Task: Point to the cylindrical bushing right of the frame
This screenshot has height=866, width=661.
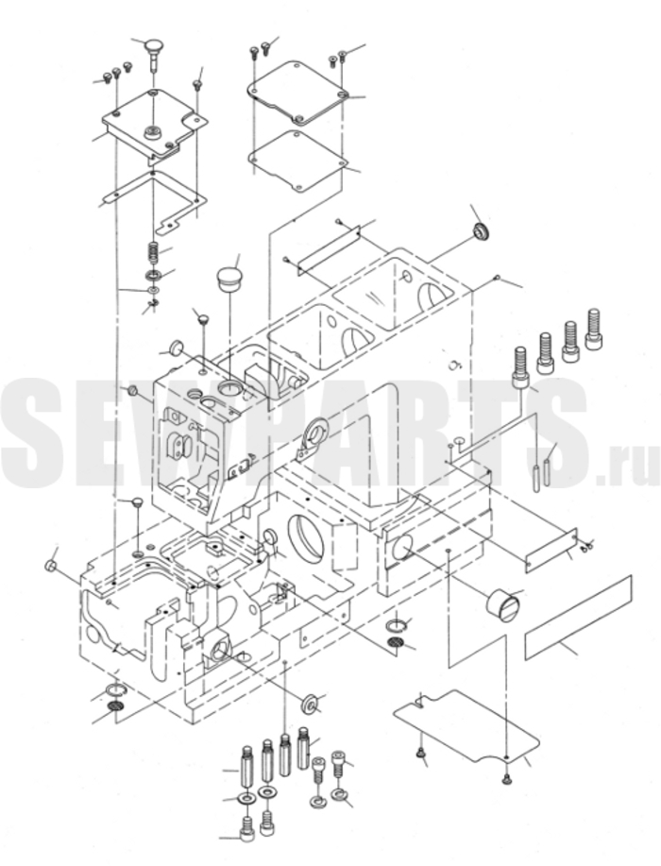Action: tap(502, 603)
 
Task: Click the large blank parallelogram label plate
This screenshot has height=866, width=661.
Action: tap(578, 617)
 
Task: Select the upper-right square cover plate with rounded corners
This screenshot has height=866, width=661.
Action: tap(297, 93)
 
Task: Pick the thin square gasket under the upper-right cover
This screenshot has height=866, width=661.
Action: tap(298, 161)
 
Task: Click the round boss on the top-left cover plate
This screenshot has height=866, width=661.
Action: tap(151, 133)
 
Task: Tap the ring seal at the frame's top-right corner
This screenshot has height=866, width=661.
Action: tap(482, 232)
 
